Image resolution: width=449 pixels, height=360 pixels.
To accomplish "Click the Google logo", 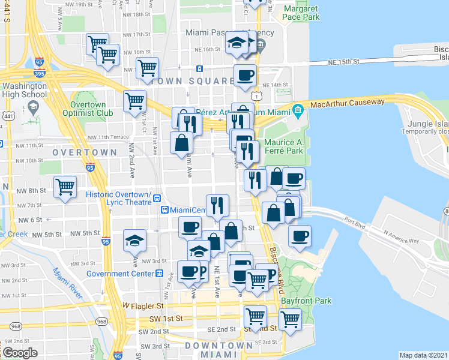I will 20,353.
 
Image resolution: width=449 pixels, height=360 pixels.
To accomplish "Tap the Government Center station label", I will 120,274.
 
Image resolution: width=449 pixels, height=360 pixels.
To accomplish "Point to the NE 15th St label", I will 343,62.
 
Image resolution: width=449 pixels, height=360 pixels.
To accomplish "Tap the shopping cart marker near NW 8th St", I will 65,187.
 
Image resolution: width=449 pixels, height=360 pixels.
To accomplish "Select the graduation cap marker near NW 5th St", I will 135,241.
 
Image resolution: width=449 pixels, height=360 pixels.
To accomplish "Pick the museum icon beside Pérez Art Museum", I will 298,109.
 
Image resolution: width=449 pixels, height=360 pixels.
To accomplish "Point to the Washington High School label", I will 24,90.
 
